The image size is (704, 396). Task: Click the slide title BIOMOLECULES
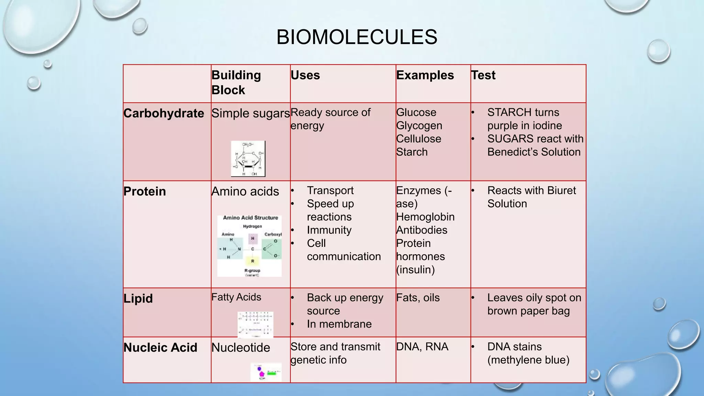tap(356, 37)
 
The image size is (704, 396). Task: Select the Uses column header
tap(305, 75)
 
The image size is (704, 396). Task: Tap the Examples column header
tap(425, 75)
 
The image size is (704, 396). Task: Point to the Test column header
tap(483, 75)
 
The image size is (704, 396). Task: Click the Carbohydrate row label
tap(164, 113)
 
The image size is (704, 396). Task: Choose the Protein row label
tap(145, 191)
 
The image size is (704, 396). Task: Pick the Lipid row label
tap(138, 298)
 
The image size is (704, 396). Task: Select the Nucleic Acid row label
tap(160, 348)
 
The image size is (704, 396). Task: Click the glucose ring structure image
tap(248, 159)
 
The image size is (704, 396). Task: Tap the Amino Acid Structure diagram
tap(250, 246)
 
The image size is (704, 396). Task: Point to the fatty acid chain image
tap(255, 324)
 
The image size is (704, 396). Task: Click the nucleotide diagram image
tap(266, 372)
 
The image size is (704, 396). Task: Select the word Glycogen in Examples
tap(419, 126)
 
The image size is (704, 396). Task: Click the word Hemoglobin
tap(425, 217)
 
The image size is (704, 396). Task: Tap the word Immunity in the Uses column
tap(329, 230)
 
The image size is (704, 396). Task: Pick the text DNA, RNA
tap(422, 347)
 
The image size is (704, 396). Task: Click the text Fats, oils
tap(418, 298)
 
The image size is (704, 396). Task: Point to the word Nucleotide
tap(241, 348)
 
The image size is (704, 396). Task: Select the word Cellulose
tap(418, 139)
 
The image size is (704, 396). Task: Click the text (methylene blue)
tap(528, 360)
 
